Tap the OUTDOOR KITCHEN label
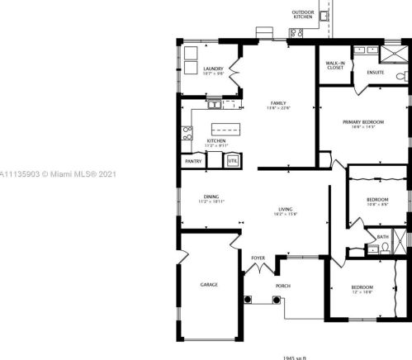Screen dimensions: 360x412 click(x=302, y=14)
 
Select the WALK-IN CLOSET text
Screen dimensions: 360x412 click(x=334, y=65)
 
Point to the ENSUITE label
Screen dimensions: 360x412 click(x=376, y=73)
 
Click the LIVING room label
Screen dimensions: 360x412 click(x=287, y=210)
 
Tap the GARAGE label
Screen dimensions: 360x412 click(x=209, y=285)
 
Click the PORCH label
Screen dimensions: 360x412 click(x=283, y=286)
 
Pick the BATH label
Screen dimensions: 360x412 click(x=382, y=237)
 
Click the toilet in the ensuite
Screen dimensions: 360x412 click(x=400, y=77)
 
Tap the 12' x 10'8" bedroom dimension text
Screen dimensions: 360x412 click(x=363, y=291)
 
